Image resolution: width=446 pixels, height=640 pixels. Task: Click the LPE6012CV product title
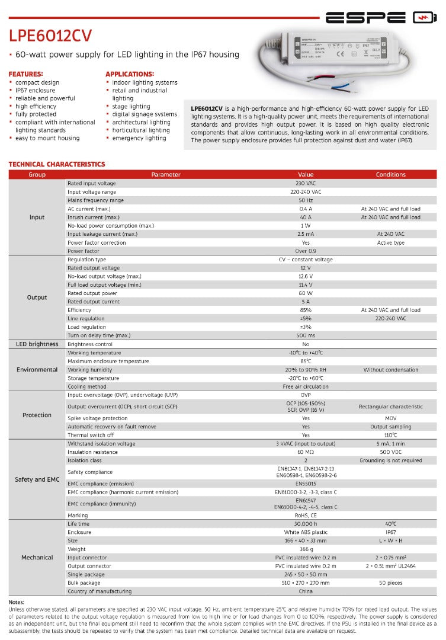[x=50, y=37]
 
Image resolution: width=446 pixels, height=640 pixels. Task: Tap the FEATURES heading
[x=25, y=73]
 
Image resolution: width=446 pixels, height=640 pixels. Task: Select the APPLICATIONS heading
[x=129, y=73]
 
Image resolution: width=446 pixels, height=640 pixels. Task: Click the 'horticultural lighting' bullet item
[x=141, y=130]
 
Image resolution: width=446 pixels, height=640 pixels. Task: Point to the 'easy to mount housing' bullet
[x=47, y=138]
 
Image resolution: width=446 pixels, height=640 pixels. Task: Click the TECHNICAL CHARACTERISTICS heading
[x=57, y=164]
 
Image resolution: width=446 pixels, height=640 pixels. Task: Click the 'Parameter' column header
[x=166, y=175]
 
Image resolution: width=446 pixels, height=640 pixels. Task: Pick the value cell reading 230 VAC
[x=306, y=184]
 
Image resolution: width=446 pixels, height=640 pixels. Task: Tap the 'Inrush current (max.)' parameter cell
[x=94, y=217]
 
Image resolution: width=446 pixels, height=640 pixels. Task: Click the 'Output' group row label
[x=37, y=297]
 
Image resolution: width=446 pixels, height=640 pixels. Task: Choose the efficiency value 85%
[x=306, y=310]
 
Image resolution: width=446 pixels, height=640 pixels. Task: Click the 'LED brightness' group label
[x=37, y=344]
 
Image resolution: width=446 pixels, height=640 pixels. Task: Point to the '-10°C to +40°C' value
[x=306, y=353]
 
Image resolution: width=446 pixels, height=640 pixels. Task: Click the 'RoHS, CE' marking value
[x=306, y=516]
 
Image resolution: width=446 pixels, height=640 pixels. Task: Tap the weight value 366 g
[x=306, y=549]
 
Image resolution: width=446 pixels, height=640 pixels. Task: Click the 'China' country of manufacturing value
[x=306, y=591]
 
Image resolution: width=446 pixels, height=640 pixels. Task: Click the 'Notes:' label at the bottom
[x=17, y=602]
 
